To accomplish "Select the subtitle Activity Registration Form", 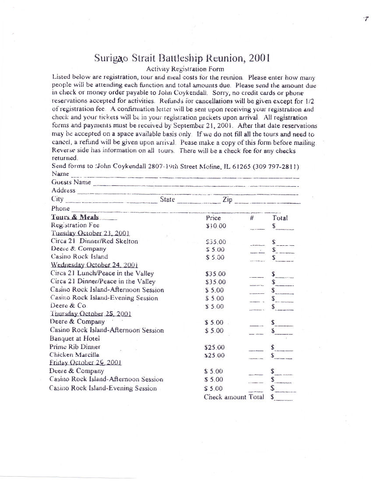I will click(185, 69).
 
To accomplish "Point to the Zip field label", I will click(227, 199).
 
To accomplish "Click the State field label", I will click(167, 199).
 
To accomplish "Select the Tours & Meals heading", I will click(75, 217).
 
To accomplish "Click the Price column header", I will click(213, 218).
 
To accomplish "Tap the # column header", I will click(253, 218).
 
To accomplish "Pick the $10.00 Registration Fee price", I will click(216, 226).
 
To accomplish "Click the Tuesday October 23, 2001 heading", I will click(90, 234).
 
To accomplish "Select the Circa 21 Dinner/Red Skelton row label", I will click(94, 241).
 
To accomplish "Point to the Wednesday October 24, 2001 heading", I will click(95, 265).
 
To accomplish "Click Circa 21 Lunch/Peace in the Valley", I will click(102, 273).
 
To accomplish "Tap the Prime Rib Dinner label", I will click(75, 347).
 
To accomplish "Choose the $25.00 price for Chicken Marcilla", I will click(214, 356).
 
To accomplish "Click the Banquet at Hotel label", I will click(75, 338).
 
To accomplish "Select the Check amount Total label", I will click(234, 397).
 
